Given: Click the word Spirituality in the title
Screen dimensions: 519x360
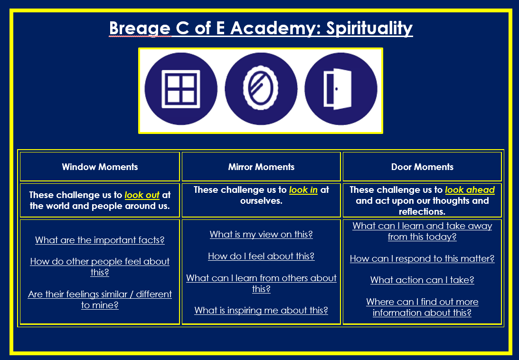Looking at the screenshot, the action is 369,28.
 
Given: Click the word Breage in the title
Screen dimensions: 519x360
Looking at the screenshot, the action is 140,28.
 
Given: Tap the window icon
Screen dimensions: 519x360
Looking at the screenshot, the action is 181,89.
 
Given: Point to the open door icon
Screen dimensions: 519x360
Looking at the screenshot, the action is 337,89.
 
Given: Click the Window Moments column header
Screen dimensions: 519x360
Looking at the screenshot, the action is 100,167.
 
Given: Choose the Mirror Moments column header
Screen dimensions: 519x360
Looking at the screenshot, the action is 261,167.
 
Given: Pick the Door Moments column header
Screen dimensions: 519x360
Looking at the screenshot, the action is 422,167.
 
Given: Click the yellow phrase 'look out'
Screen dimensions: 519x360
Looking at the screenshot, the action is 142,195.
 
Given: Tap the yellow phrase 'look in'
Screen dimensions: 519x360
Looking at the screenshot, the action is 303,190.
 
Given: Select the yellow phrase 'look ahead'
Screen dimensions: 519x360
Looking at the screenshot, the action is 470,190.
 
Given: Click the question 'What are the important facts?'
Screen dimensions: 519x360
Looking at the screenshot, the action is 100,240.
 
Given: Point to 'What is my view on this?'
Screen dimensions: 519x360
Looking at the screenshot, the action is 261,235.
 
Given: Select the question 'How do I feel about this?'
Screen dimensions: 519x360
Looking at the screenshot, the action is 261,256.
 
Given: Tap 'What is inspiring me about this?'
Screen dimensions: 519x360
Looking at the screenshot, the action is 261,310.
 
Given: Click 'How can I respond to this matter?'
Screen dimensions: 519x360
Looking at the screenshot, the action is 422,259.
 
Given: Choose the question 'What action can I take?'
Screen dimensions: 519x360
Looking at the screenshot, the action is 422,280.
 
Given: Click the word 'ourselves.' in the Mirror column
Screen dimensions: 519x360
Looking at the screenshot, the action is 261,201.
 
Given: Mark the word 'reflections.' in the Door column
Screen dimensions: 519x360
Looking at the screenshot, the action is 422,212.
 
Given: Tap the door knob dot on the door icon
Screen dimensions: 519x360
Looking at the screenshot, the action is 336,89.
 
